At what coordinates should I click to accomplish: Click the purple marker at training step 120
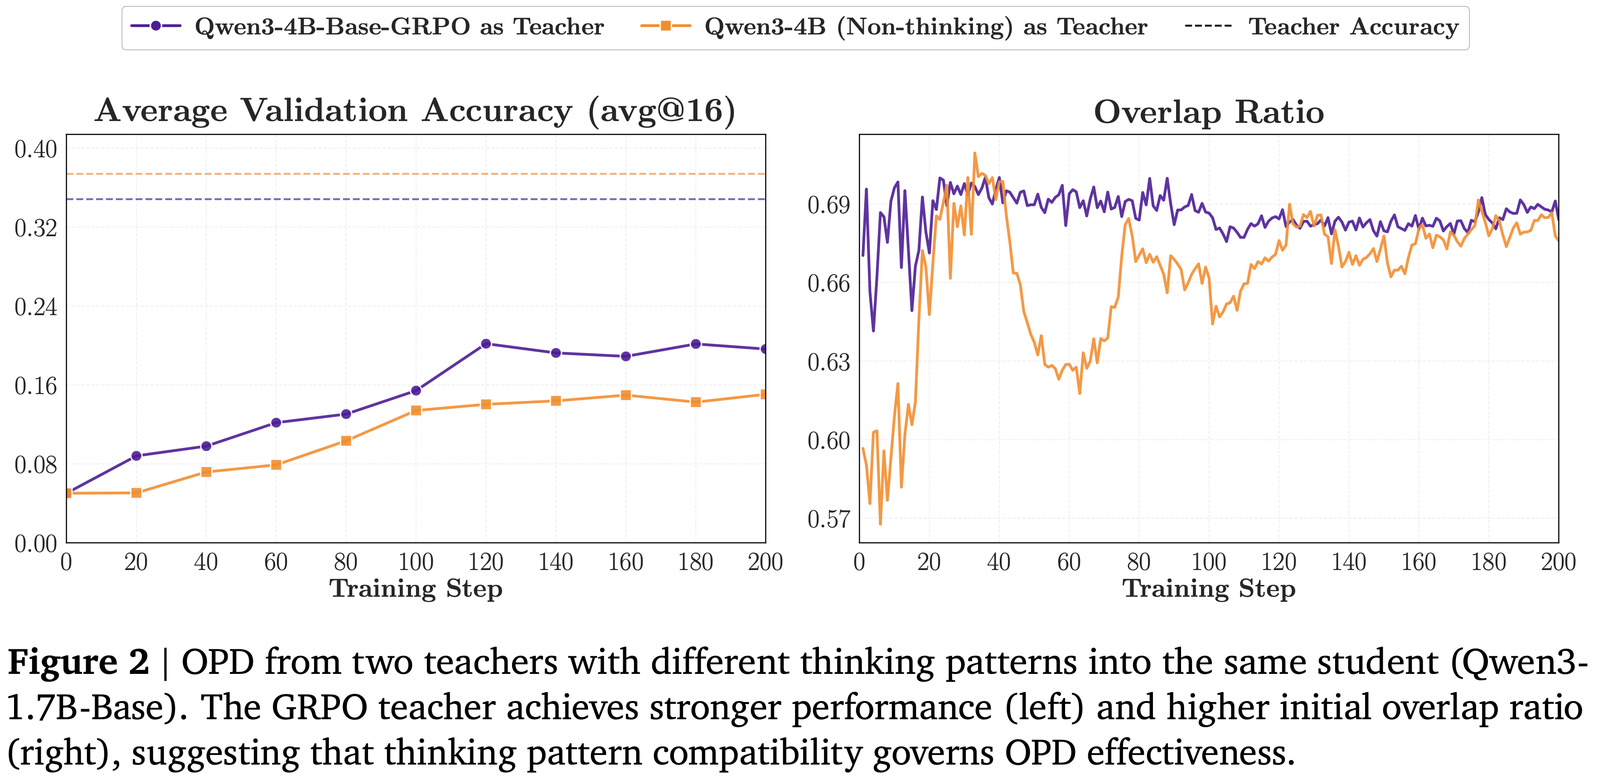click(x=486, y=344)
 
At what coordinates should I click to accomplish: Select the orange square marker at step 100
click(x=416, y=410)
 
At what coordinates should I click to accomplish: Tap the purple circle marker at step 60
click(x=276, y=423)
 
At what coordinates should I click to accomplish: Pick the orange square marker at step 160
click(x=626, y=395)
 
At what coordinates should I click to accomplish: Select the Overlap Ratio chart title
click(x=1208, y=112)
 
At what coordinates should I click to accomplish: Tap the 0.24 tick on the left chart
click(x=35, y=307)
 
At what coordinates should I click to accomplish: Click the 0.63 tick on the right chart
click(x=828, y=362)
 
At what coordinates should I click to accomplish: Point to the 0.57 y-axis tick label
click(x=828, y=519)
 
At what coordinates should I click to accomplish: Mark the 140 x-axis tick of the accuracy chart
click(x=556, y=562)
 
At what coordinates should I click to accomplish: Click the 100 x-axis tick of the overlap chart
click(x=1208, y=562)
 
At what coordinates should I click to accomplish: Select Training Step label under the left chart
click(x=416, y=588)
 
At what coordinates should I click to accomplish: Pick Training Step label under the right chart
click(x=1208, y=588)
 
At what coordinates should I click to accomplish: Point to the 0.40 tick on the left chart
click(x=35, y=150)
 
